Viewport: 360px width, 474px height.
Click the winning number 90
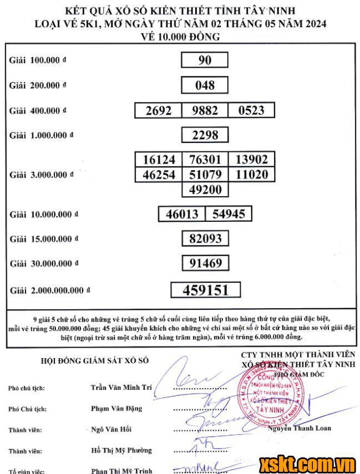point(205,60)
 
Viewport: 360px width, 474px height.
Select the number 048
point(205,85)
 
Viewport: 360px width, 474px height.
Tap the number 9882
point(205,110)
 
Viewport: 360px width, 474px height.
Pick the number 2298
point(205,135)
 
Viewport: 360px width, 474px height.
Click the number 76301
point(205,160)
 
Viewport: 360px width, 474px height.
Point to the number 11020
point(251,175)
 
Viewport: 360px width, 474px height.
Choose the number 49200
point(205,190)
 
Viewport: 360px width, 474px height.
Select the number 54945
point(228,214)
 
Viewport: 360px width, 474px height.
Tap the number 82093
point(205,238)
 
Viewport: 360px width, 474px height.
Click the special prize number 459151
point(205,290)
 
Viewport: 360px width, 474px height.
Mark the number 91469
point(205,263)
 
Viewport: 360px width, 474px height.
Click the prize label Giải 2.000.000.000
point(49,290)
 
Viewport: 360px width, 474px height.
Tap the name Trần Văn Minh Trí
point(120,388)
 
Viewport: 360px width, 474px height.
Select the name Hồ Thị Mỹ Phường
point(121,450)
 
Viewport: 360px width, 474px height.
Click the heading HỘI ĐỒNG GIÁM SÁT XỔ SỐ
point(95,360)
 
